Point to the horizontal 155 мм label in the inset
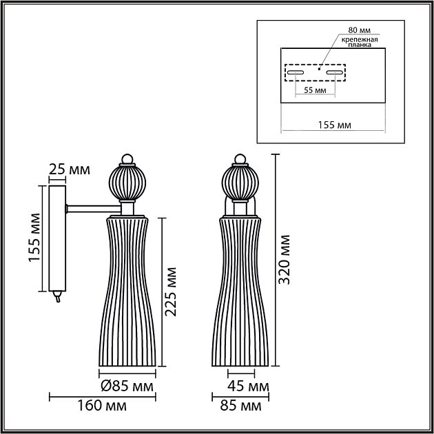tap(333, 124)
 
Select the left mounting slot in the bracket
tap(296, 72)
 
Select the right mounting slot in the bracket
tap(335, 72)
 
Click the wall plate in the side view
tap(56, 238)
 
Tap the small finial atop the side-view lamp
tap(127, 159)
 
